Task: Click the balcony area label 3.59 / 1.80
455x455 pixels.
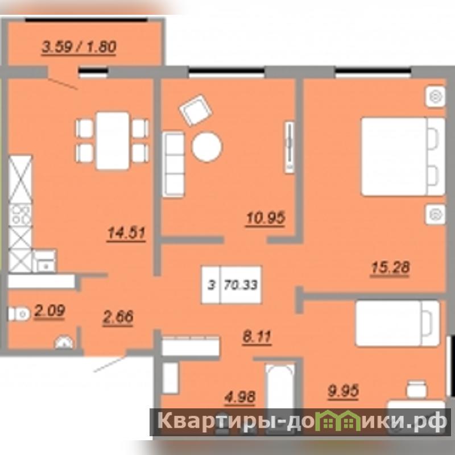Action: click(x=79, y=47)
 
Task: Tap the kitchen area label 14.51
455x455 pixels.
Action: click(x=126, y=233)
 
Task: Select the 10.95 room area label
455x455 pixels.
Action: click(x=266, y=218)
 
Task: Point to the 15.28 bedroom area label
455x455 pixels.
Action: click(x=390, y=267)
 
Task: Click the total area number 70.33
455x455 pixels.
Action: click(x=241, y=285)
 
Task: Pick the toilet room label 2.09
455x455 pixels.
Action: click(x=49, y=311)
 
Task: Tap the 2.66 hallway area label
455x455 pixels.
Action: click(x=118, y=317)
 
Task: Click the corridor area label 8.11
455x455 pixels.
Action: click(x=257, y=337)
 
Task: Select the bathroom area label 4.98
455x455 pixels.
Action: click(x=240, y=396)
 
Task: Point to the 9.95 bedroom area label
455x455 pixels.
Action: click(x=344, y=391)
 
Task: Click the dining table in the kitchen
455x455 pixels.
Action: click(x=113, y=140)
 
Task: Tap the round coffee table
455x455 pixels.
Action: click(x=206, y=147)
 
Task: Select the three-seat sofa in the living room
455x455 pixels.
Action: click(x=173, y=164)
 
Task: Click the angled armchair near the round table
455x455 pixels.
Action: click(x=196, y=110)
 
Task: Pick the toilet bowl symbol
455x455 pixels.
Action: click(x=19, y=314)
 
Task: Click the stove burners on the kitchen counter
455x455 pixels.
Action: click(x=20, y=214)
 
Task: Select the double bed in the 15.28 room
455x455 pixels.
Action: click(x=403, y=156)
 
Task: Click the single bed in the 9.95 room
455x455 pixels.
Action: click(x=398, y=324)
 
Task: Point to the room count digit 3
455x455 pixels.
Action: click(x=212, y=286)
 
